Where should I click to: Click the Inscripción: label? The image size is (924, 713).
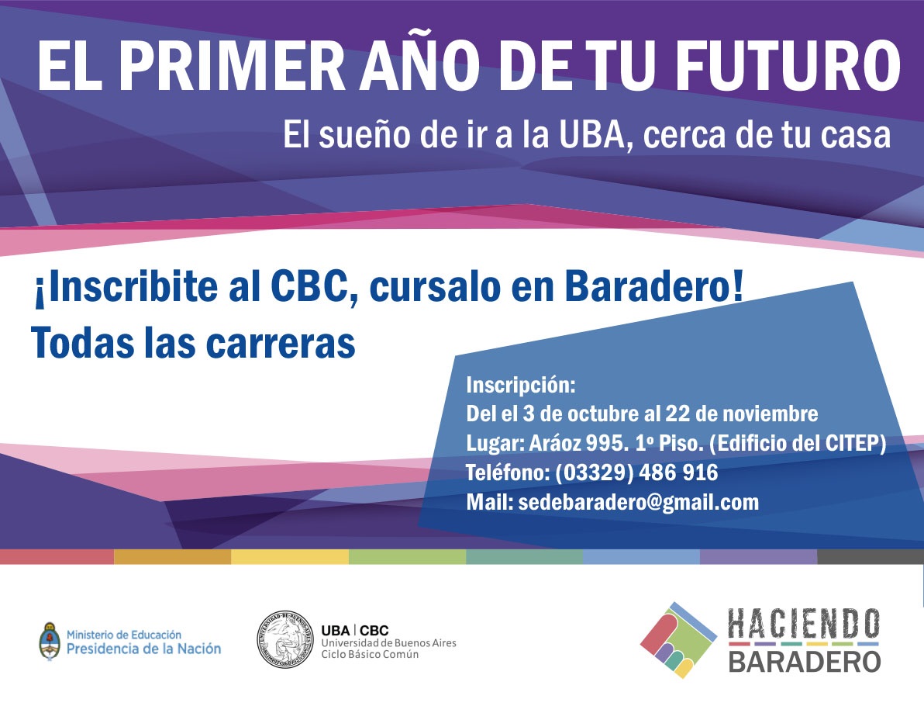click(520, 385)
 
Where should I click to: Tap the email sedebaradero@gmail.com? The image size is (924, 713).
click(638, 503)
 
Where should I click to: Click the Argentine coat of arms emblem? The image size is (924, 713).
click(50, 641)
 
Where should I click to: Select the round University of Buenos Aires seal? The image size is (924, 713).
click(285, 639)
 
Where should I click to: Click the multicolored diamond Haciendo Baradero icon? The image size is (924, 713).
click(678, 640)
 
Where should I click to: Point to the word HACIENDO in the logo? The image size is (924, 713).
click(804, 625)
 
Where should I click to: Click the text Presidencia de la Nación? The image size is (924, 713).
click(143, 649)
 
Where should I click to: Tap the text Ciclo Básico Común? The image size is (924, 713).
click(370, 654)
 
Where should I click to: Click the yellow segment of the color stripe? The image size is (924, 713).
click(290, 557)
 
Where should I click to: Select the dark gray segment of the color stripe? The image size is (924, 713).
click(871, 557)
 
